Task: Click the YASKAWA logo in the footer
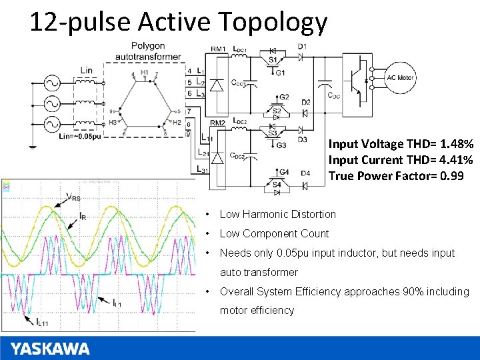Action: (50, 348)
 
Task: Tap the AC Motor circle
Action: (400, 78)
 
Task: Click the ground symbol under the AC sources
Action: (32, 146)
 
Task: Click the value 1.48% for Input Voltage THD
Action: (457, 144)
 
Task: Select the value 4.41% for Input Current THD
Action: (457, 160)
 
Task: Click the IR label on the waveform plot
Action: (82, 216)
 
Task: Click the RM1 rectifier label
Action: (217, 49)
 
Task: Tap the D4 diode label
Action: (305, 174)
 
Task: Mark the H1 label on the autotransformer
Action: (145, 72)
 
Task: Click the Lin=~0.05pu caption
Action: (79, 137)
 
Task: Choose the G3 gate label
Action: (281, 145)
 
